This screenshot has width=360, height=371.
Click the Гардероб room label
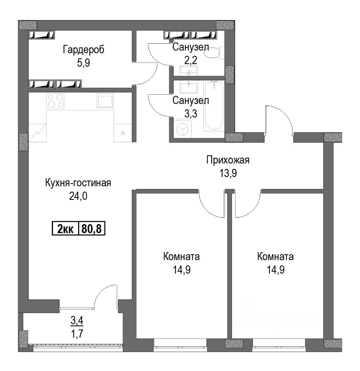tap(84, 50)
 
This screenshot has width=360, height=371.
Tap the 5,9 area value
tap(84, 63)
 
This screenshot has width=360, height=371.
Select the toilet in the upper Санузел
tap(215, 53)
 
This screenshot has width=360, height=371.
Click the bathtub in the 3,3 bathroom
tap(214, 106)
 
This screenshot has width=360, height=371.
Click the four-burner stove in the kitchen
tap(55, 101)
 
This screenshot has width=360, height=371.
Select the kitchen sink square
tap(105, 100)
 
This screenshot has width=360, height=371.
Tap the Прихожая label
tap(228, 160)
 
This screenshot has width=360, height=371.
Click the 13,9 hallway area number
tap(228, 174)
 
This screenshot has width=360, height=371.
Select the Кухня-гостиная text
tap(78, 183)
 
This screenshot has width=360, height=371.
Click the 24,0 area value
tap(78, 196)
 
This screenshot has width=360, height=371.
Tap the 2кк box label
tap(65, 229)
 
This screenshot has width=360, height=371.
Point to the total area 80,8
tap(91, 229)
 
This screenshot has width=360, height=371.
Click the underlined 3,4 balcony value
tap(77, 321)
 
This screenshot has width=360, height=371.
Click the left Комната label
tap(181, 257)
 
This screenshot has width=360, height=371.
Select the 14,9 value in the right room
tap(275, 270)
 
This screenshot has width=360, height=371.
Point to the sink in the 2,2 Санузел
tap(189, 71)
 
